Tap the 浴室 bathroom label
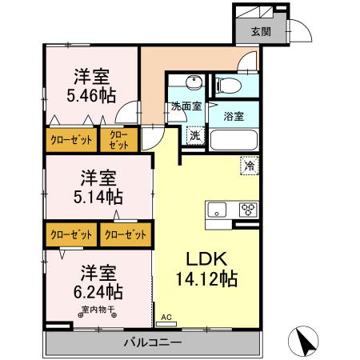[234, 117]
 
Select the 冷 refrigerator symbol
[249, 166]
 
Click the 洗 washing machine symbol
[194, 135]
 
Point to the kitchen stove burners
[247, 210]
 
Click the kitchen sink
[218, 210]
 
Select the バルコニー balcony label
[152, 342]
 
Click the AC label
[166, 318]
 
